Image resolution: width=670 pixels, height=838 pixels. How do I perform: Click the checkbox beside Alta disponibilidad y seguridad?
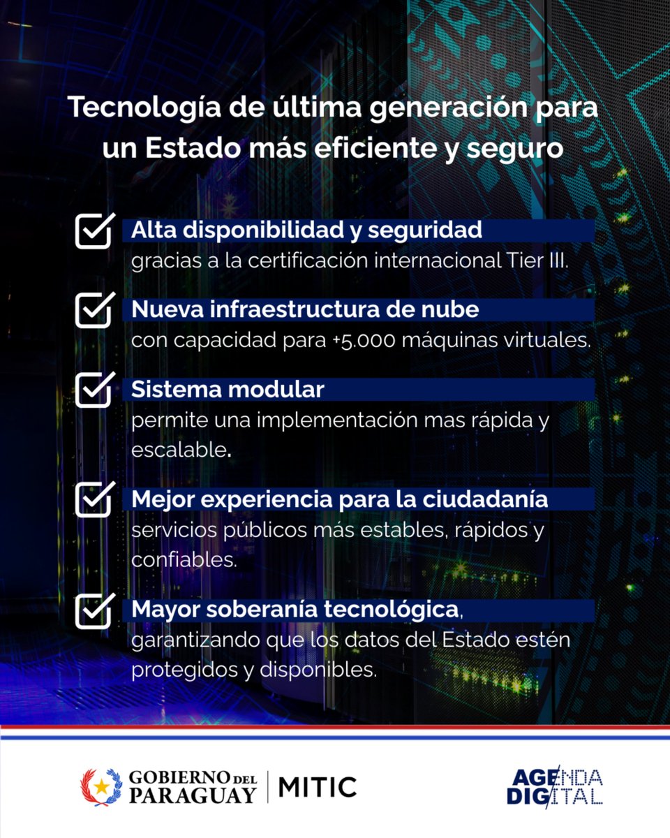pos(93,232)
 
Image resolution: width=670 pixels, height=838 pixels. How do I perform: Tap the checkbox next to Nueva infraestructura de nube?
pos(93,311)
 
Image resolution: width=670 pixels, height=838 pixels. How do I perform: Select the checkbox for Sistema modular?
pos(93,390)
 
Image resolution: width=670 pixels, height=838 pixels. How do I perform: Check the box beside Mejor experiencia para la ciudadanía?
pos(93,500)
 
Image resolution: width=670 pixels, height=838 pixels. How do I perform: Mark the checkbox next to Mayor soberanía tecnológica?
pos(93,610)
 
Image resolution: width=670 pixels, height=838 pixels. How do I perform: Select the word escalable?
pos(179,450)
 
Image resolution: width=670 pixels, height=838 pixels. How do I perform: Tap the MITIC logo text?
pos(318,787)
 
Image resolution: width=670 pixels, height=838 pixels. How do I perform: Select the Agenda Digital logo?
pos(555,787)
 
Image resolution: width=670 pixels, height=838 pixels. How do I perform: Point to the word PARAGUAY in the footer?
pos(192,795)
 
